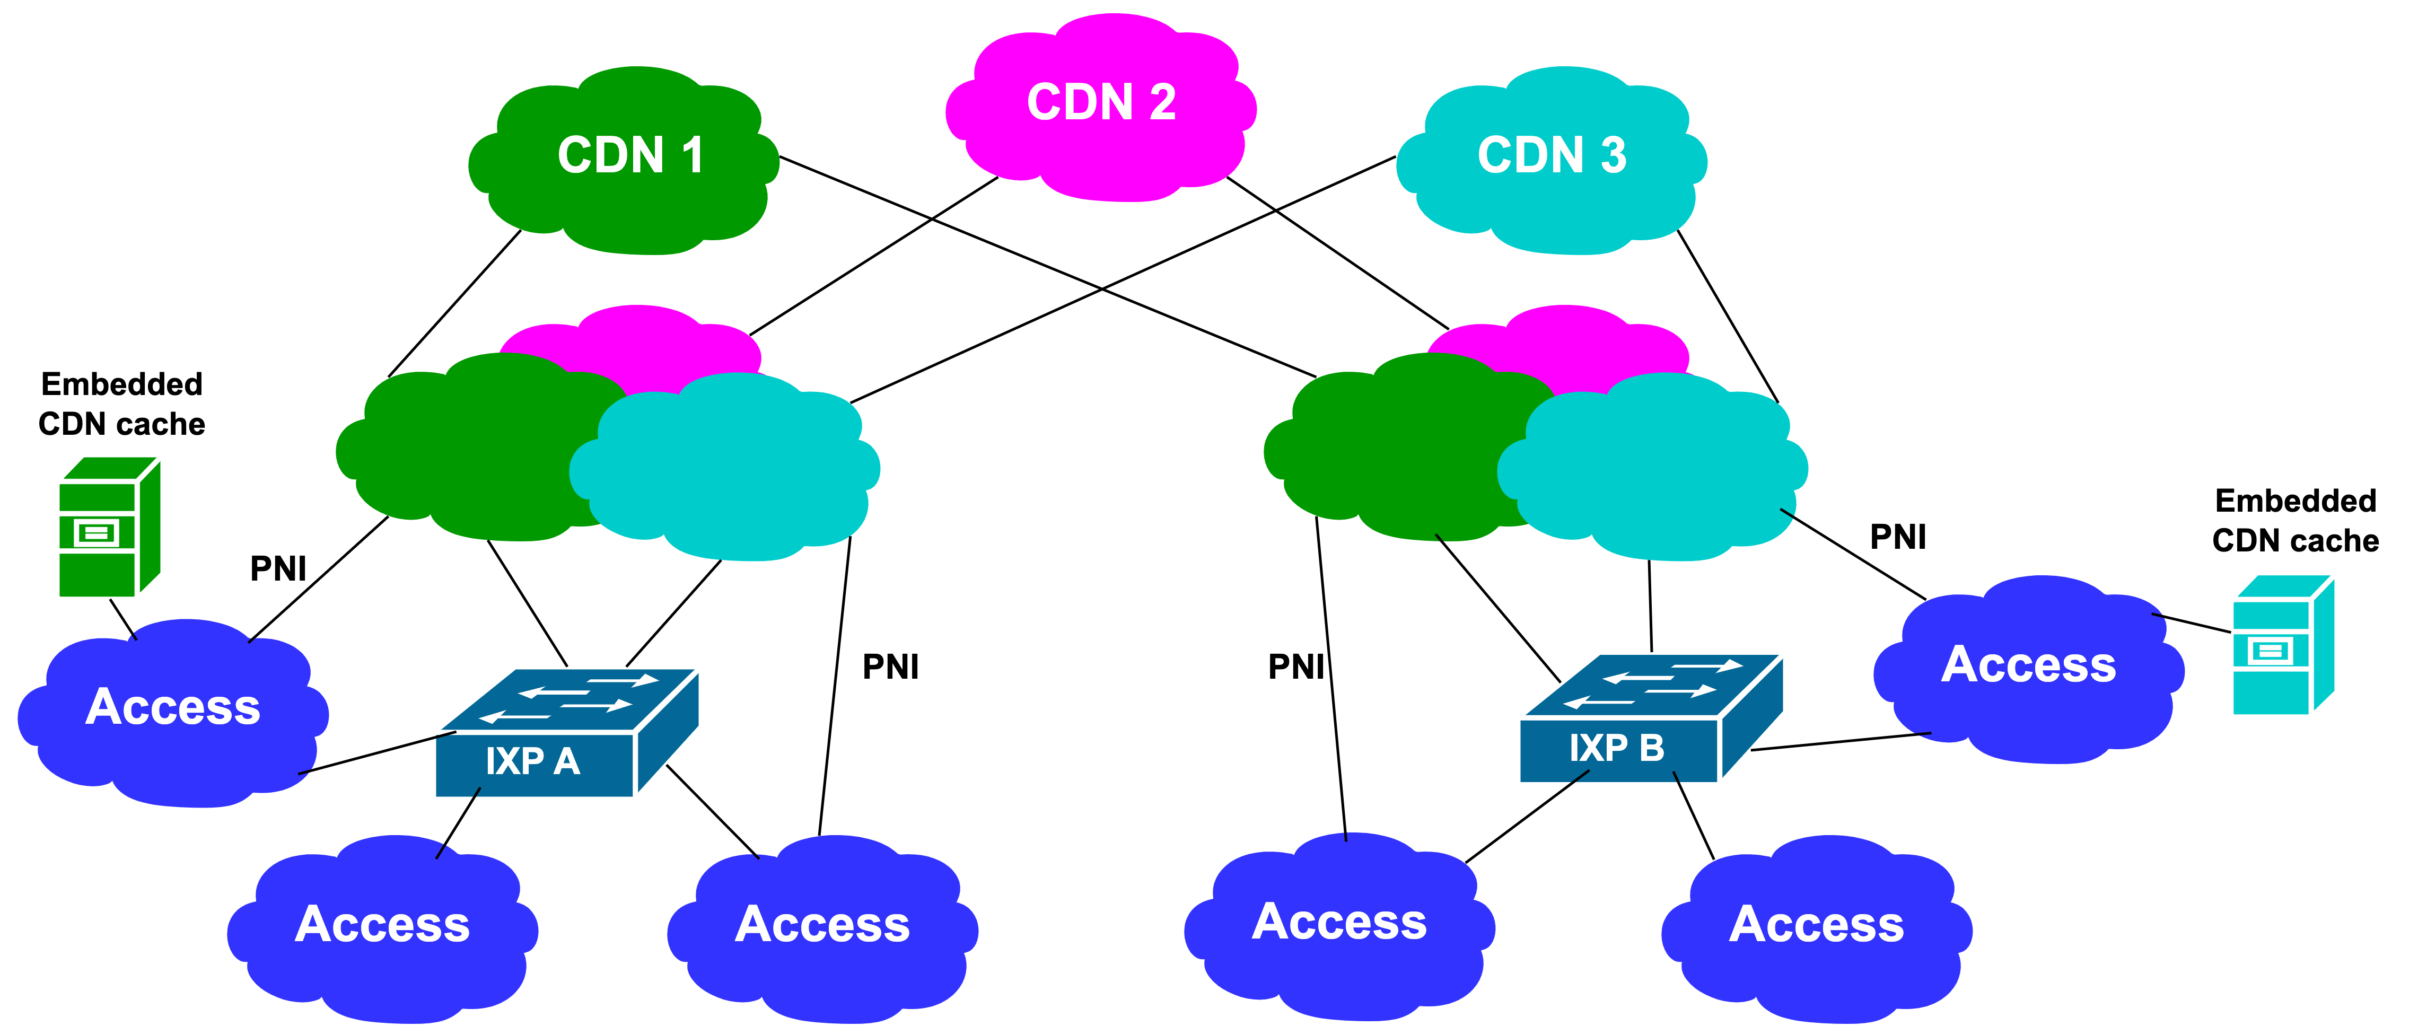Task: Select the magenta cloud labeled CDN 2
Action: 1100,103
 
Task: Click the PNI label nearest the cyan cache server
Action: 1897,537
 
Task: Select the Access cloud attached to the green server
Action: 173,709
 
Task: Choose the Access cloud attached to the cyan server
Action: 2028,667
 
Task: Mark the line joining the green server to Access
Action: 123,619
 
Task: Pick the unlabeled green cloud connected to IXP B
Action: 1389,451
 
